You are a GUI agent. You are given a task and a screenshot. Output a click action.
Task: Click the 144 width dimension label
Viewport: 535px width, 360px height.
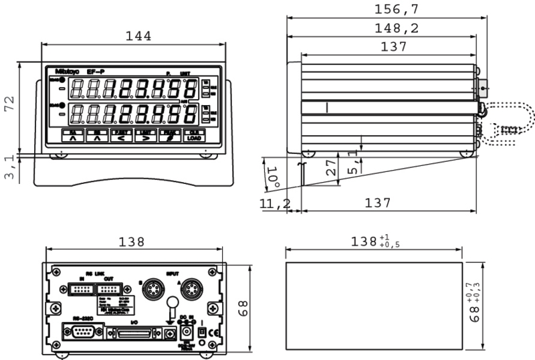point(138,35)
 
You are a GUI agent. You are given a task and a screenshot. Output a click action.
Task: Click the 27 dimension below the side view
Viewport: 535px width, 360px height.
point(331,168)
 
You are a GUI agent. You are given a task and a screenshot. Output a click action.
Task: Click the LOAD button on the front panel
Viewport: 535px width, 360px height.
point(194,137)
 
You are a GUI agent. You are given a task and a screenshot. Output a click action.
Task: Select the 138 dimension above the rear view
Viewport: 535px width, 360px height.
point(132,242)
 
